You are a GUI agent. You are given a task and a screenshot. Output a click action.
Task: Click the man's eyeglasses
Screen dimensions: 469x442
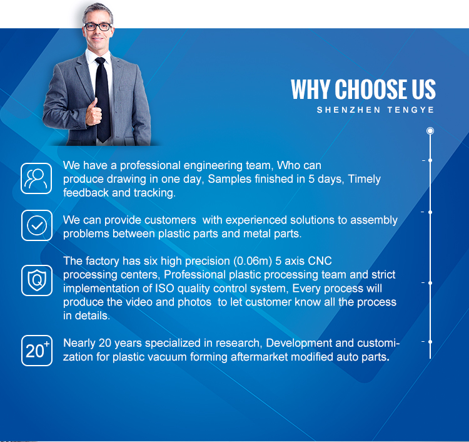tap(98, 27)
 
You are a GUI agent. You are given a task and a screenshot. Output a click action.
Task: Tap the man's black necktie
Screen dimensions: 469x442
tap(103, 99)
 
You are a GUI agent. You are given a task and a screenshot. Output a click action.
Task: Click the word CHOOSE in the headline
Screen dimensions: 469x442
tap(371, 89)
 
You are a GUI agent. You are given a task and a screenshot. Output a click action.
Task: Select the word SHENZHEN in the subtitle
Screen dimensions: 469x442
tap(348, 110)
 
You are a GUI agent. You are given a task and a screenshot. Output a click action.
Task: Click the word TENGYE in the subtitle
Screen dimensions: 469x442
tap(410, 110)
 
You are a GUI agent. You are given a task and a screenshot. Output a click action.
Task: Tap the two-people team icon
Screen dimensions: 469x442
tap(36, 178)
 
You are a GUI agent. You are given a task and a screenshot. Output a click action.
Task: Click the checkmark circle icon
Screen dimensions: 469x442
tap(37, 225)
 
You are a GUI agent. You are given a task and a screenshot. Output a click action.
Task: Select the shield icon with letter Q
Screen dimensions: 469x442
tap(37, 280)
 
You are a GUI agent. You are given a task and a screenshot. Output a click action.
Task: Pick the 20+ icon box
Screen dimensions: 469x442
tap(37, 351)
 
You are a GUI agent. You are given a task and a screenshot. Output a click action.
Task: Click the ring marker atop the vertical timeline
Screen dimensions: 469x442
tap(430, 131)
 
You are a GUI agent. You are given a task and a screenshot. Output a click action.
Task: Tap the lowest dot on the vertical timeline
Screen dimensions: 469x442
tap(430, 342)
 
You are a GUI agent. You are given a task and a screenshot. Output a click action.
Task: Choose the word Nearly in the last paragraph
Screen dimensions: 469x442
tap(79, 343)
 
